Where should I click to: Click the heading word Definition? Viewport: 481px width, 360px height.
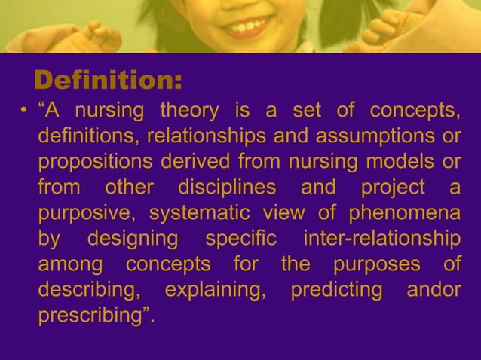tap(107, 80)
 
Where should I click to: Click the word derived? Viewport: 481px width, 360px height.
tap(185, 163)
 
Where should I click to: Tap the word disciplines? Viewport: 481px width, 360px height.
tap(228, 187)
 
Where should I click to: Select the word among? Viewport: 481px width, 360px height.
tap(66, 264)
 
